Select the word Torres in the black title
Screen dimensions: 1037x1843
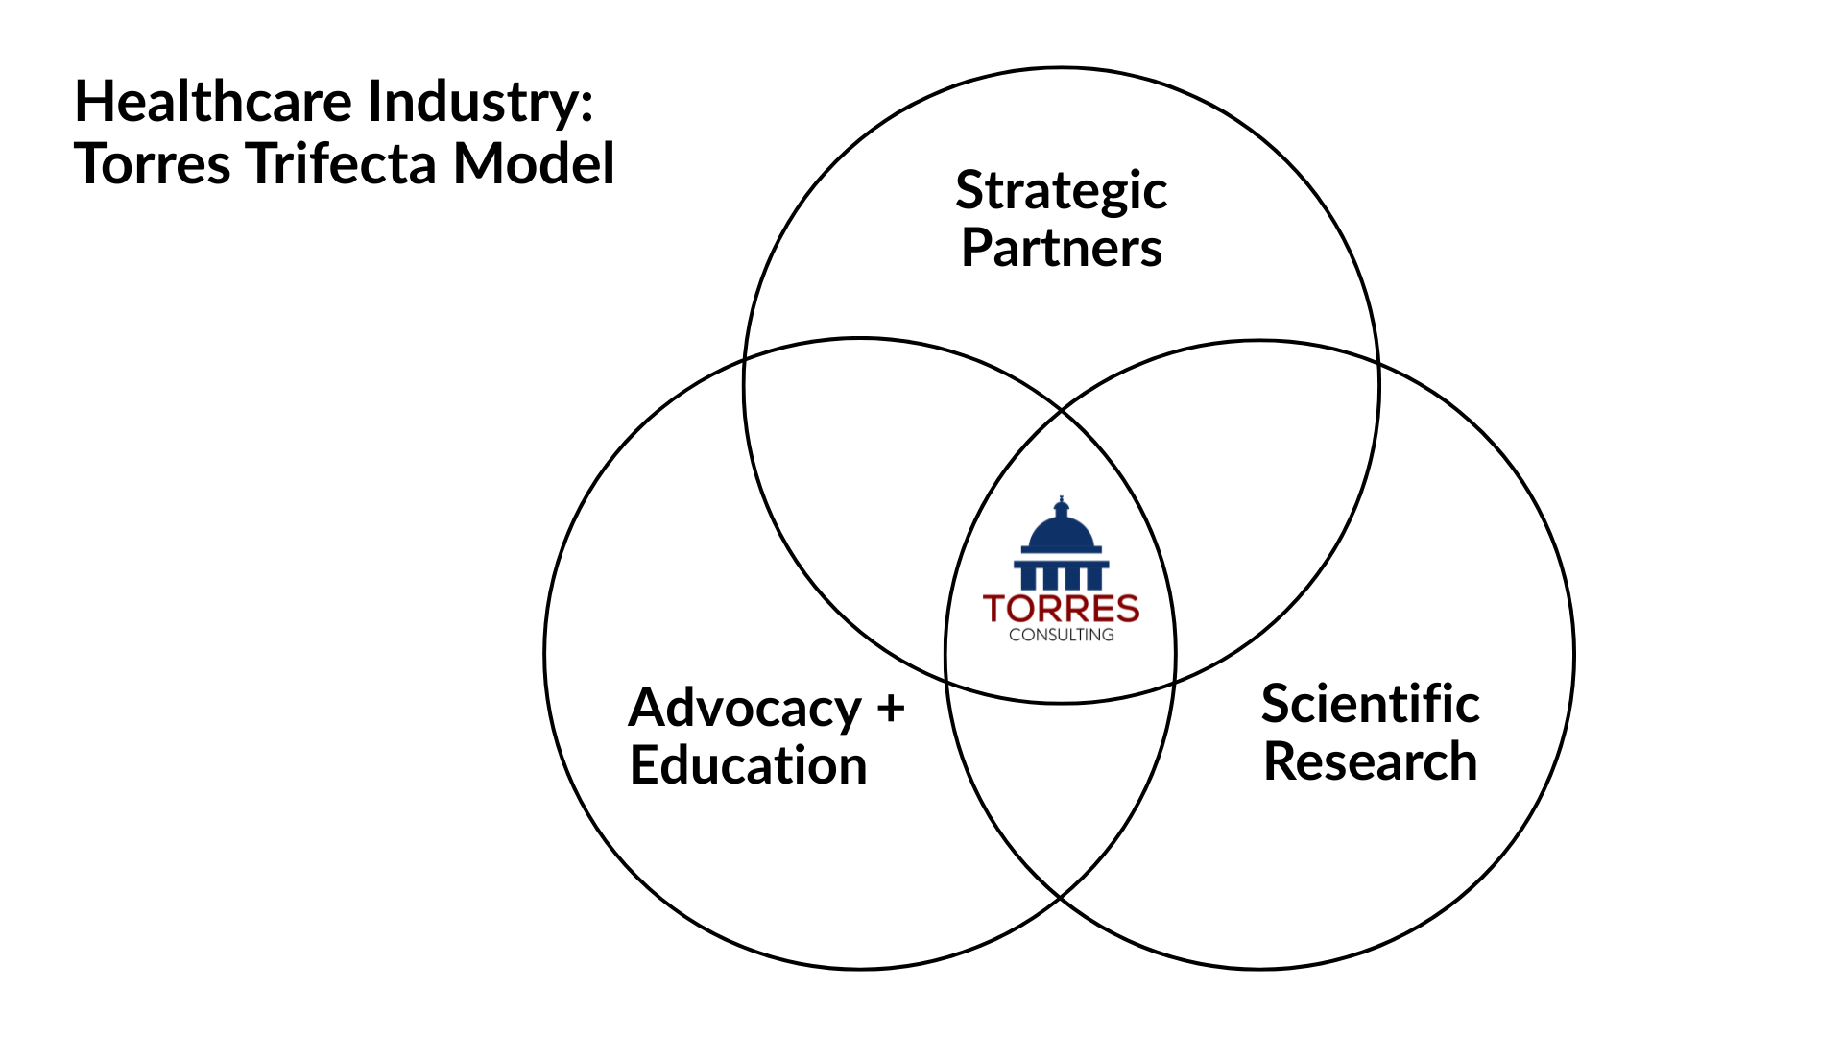click(x=154, y=163)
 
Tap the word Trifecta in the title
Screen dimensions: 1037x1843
click(x=343, y=163)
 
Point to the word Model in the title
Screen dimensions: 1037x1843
click(x=534, y=163)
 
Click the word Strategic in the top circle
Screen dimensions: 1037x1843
click(x=1061, y=192)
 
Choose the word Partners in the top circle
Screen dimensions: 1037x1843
click(x=1061, y=248)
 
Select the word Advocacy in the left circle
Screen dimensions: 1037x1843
click(x=745, y=709)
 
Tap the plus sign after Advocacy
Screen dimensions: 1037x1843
click(x=891, y=708)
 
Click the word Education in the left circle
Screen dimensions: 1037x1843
click(x=749, y=765)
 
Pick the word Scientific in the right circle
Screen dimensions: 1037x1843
click(x=1370, y=704)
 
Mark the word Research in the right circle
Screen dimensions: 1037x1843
click(x=1370, y=761)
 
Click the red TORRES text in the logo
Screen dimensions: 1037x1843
click(x=1061, y=609)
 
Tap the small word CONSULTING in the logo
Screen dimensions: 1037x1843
click(x=1061, y=635)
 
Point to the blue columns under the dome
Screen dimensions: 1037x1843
click(x=1061, y=577)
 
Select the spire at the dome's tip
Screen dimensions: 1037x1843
click(x=1061, y=502)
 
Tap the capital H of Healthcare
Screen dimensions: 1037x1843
click(x=94, y=102)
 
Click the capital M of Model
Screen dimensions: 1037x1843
click(x=477, y=163)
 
